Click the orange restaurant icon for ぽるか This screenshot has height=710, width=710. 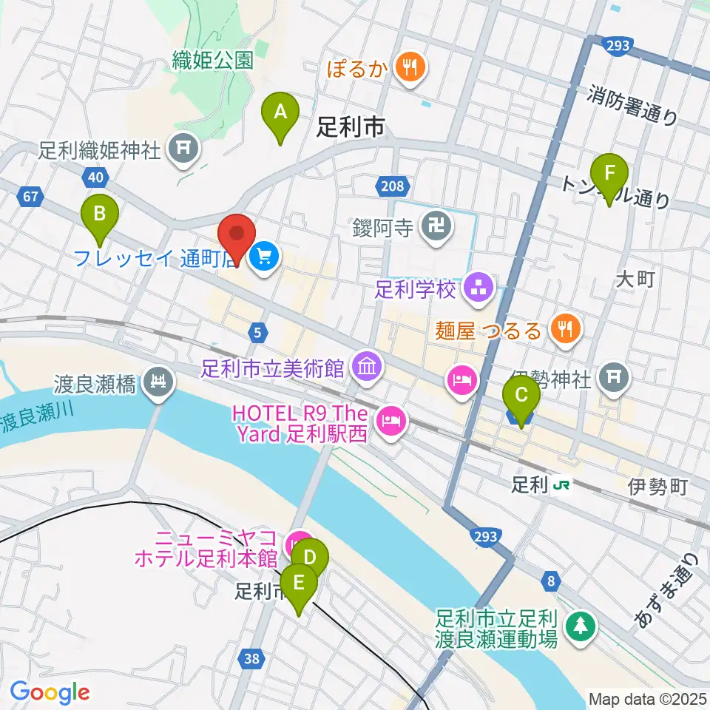408,69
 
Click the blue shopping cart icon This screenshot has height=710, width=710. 263,257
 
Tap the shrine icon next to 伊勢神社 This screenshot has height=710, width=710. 613,377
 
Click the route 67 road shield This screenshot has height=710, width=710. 30,197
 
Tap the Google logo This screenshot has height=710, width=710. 50,692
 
